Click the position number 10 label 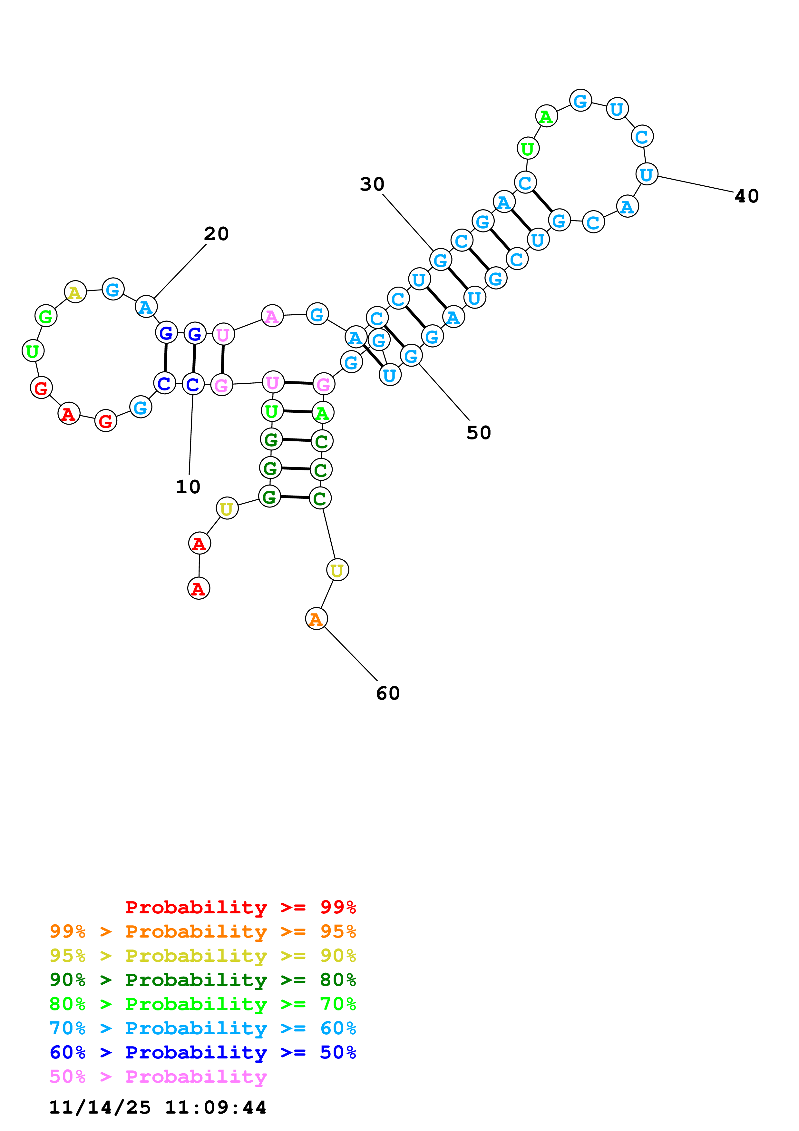coord(188,487)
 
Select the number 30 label coord(372,184)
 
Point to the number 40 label coord(746,196)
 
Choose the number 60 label coord(388,693)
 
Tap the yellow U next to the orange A coord(337,570)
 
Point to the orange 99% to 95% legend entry coord(202,931)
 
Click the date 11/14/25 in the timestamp coord(100,1107)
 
